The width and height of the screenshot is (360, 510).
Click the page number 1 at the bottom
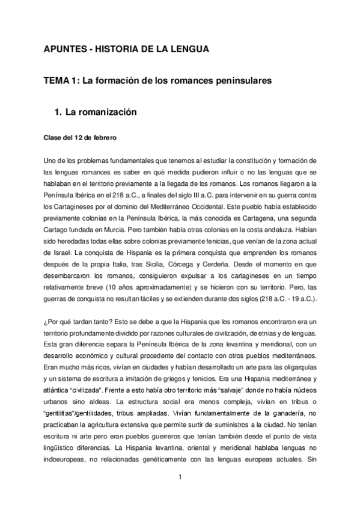click(180, 478)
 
